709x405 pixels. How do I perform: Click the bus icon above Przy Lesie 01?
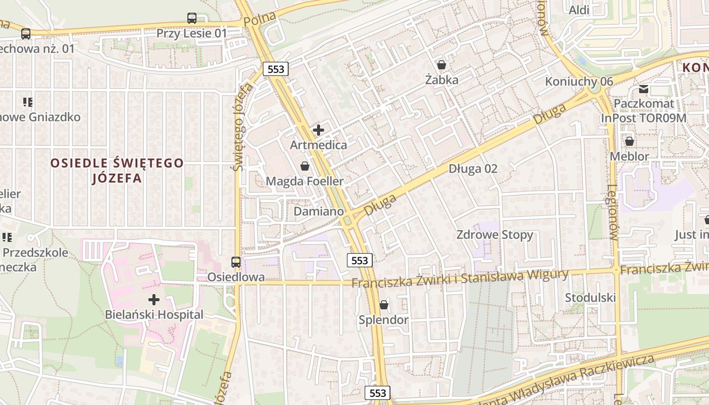click(x=192, y=18)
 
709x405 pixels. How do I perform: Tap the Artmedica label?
click(x=319, y=145)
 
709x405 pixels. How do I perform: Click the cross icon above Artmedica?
click(x=319, y=130)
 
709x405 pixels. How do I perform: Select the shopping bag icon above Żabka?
click(x=442, y=65)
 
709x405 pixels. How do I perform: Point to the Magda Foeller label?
click(x=304, y=181)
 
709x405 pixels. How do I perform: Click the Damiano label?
click(x=319, y=211)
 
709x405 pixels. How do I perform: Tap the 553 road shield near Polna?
click(x=276, y=69)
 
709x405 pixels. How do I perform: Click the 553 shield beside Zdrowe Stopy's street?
click(x=360, y=260)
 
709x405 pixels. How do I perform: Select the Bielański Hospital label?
click(x=154, y=314)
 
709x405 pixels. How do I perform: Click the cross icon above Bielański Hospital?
click(x=154, y=300)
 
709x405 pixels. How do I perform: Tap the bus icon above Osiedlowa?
click(x=236, y=262)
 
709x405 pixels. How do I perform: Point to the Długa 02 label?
click(x=473, y=169)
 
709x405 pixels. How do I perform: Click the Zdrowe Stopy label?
click(x=495, y=235)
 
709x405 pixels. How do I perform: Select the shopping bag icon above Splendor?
click(x=384, y=305)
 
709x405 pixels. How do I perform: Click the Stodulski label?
click(x=590, y=297)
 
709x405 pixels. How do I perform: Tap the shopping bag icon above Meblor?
click(x=629, y=141)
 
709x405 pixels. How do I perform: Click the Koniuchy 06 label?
click(x=579, y=82)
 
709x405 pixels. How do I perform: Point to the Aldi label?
click(x=579, y=10)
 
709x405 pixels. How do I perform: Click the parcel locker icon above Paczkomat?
click(x=644, y=89)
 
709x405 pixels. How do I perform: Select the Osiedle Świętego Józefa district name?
click(x=117, y=171)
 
